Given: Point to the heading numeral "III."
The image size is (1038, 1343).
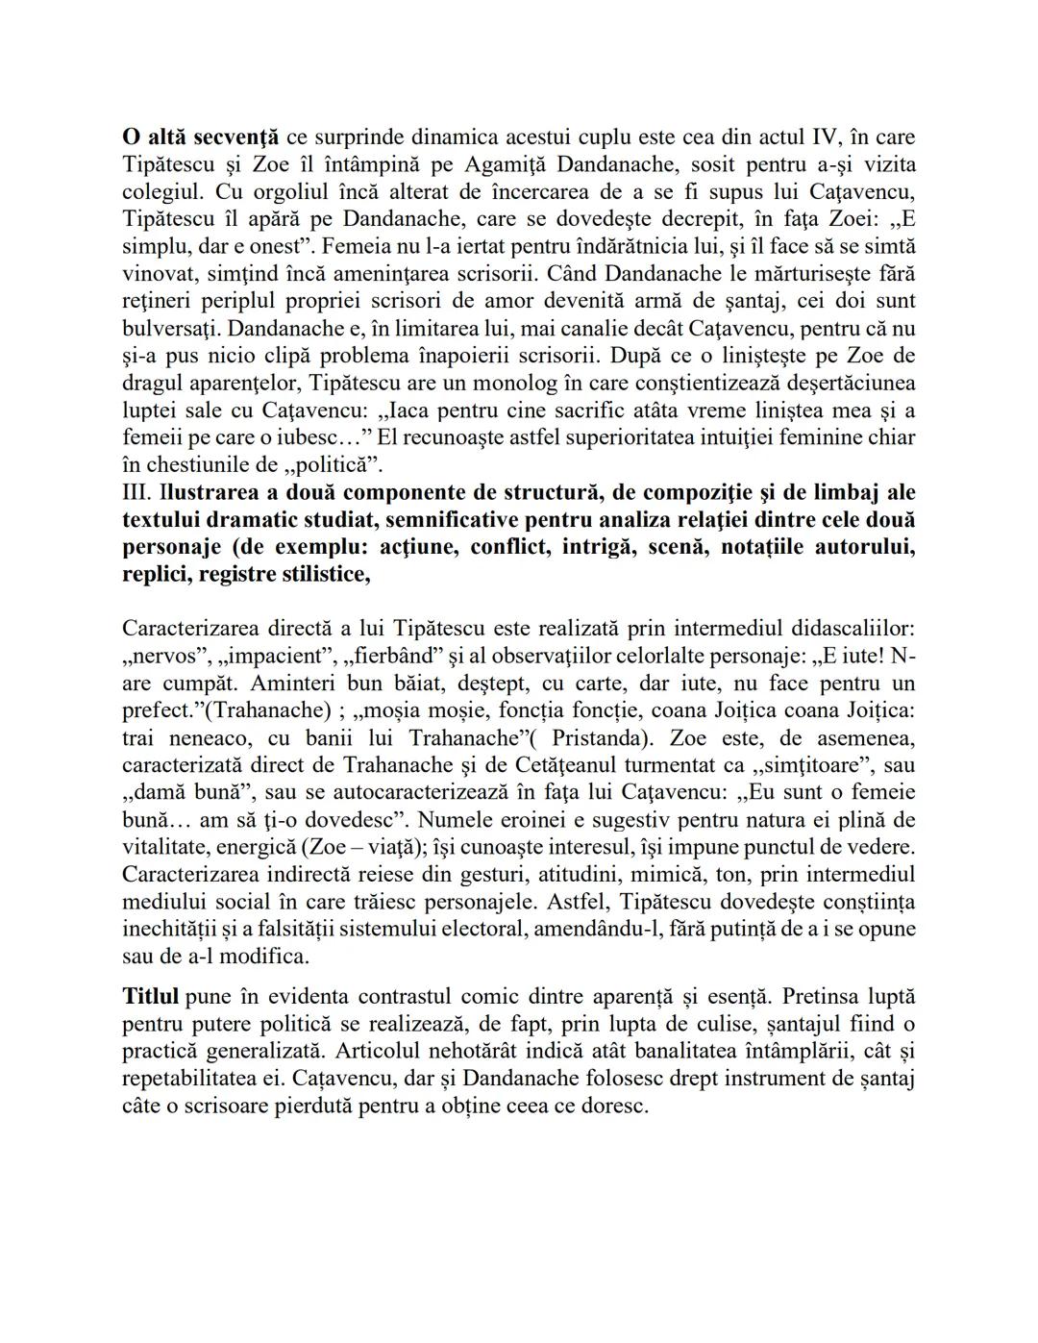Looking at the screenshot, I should [139, 493].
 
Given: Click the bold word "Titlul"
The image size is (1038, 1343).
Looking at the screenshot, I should [151, 996].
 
